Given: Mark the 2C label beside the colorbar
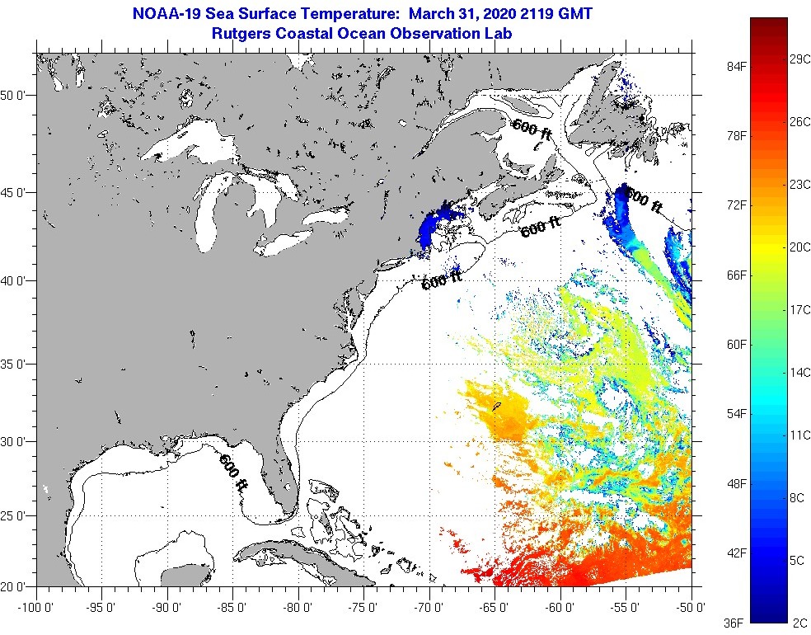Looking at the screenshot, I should pos(798,623).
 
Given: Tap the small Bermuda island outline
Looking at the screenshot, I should pos(497,406).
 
